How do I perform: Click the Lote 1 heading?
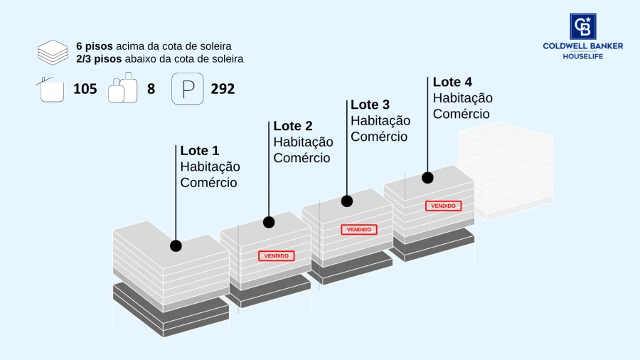[200, 151]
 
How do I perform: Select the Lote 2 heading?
[293, 126]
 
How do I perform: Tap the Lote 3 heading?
[370, 105]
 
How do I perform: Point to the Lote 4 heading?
[452, 82]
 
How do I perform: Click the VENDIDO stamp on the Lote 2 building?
[277, 256]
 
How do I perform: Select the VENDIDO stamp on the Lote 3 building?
[359, 229]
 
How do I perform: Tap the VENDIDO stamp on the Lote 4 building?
[443, 206]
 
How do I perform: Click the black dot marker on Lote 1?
[176, 245]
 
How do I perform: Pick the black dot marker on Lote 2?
[269, 223]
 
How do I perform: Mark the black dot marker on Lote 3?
[347, 201]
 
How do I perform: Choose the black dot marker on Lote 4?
[428, 178]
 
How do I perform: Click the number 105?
[85, 89]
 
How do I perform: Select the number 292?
[223, 89]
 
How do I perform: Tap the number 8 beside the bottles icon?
[151, 89]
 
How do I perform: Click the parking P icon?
[187, 88]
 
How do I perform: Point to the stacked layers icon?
[53, 53]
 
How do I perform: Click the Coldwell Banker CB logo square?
[583, 26]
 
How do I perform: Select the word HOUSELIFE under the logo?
[583, 56]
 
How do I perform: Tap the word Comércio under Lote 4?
[462, 114]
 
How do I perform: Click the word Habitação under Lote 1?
[210, 167]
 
